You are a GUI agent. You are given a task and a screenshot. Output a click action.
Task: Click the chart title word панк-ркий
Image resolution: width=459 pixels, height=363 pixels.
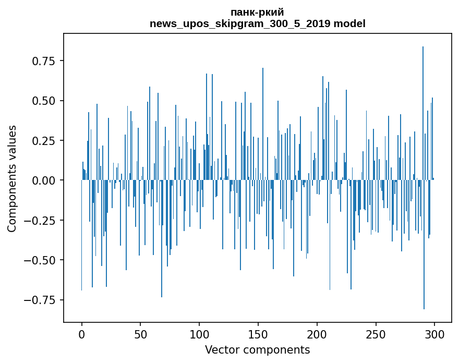click(x=257, y=13)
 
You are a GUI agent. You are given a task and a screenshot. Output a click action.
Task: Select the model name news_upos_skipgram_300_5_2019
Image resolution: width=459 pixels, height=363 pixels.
click(x=240, y=23)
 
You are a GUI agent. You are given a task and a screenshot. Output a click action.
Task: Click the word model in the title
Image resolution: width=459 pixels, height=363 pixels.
click(x=349, y=23)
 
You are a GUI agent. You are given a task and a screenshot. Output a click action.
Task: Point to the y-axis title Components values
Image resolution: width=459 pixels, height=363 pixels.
click(x=11, y=178)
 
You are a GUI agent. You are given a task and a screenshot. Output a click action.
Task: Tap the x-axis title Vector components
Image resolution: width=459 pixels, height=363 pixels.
click(x=257, y=349)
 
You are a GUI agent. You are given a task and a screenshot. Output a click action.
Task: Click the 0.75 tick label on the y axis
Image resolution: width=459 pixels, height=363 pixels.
click(x=44, y=60)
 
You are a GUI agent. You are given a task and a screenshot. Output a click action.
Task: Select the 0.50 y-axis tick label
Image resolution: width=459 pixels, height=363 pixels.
click(x=44, y=101)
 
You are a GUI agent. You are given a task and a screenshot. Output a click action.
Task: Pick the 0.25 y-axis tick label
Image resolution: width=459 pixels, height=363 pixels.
click(x=44, y=140)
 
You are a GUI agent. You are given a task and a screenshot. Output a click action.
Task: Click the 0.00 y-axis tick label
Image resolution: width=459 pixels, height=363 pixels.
click(x=44, y=180)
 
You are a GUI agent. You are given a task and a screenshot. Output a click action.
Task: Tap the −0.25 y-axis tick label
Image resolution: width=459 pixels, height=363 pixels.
click(x=40, y=220)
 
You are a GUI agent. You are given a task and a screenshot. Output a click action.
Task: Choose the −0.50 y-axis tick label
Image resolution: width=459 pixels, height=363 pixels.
click(x=40, y=260)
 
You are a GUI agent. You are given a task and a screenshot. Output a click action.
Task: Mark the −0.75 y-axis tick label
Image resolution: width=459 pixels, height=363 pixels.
click(x=40, y=300)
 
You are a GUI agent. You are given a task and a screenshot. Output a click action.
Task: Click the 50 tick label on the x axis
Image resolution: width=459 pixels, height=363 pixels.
click(x=140, y=334)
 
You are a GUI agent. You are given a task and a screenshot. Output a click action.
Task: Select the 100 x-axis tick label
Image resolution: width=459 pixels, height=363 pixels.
click(x=199, y=334)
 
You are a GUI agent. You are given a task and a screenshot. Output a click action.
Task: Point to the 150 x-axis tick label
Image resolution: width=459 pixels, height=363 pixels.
click(x=258, y=334)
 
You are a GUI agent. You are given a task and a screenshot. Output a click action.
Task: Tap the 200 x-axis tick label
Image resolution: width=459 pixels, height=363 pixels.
click(x=317, y=334)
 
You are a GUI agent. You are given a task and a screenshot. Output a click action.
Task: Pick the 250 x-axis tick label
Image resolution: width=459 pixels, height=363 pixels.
click(x=376, y=334)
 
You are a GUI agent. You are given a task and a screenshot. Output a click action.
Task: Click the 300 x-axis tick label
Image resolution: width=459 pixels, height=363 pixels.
click(x=434, y=334)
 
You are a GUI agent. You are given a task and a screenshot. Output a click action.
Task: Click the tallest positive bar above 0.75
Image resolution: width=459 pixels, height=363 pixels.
click(x=422, y=113)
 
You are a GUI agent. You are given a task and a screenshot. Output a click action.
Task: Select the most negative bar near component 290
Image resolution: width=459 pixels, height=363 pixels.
click(x=424, y=245)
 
